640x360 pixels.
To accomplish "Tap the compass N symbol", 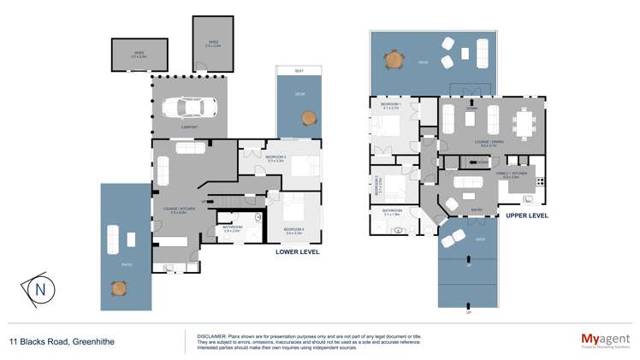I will point(39,289).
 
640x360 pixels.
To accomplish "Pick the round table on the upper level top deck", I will point(394,61).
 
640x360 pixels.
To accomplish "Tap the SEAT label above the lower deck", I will point(299,71).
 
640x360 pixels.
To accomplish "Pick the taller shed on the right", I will point(212,43).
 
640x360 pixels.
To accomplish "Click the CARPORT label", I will point(189,127).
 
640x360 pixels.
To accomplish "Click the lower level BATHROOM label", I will point(232,227).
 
